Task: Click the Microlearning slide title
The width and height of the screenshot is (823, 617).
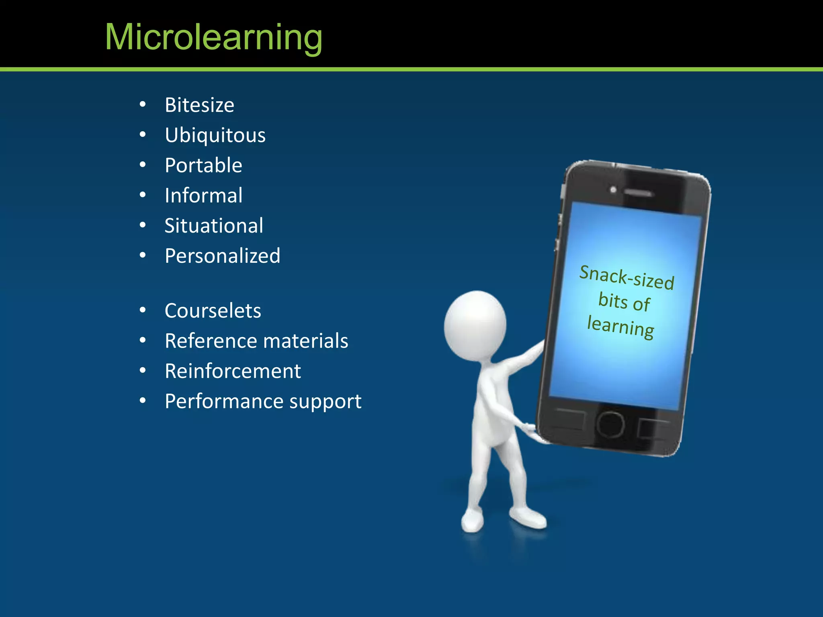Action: pyautogui.click(x=213, y=37)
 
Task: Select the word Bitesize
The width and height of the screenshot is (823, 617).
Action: pyautogui.click(x=199, y=105)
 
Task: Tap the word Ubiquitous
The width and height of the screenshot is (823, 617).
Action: pyautogui.click(x=215, y=135)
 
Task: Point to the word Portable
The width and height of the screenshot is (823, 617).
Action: pyautogui.click(x=203, y=165)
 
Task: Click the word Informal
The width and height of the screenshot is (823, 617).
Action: pyautogui.click(x=203, y=196)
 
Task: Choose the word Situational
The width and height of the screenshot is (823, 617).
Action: pyautogui.click(x=214, y=226)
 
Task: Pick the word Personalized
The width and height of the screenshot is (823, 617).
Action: pyautogui.click(x=222, y=256)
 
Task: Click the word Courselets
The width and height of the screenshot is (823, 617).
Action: pyautogui.click(x=213, y=311)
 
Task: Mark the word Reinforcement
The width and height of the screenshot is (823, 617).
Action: pyautogui.click(x=233, y=371)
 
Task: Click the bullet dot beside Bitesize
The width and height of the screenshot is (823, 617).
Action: pyautogui.click(x=143, y=104)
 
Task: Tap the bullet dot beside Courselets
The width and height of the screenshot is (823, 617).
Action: pyautogui.click(x=143, y=310)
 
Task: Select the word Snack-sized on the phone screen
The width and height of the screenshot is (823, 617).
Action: pyautogui.click(x=626, y=277)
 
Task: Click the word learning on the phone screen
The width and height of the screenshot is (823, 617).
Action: pyautogui.click(x=620, y=326)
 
